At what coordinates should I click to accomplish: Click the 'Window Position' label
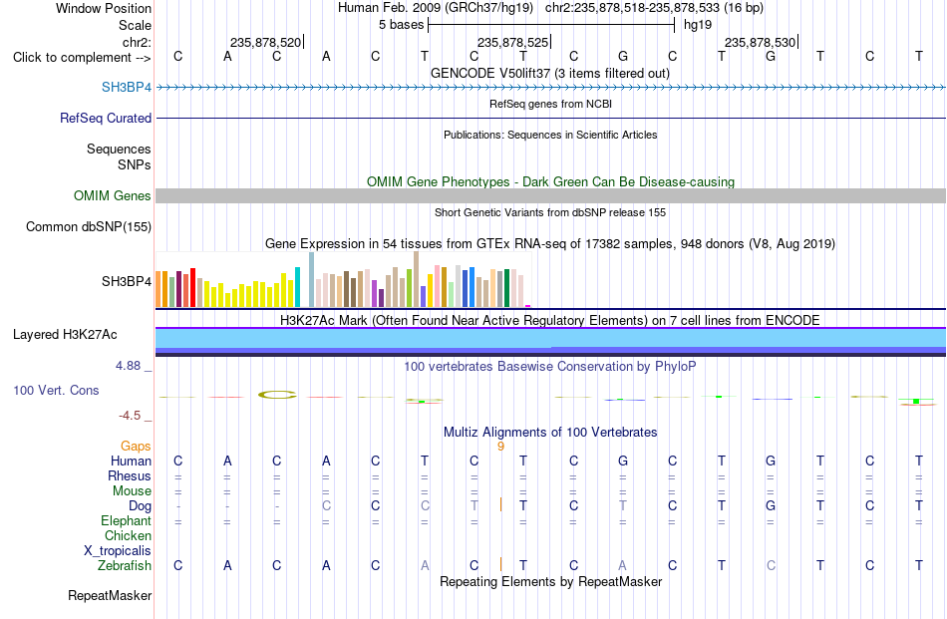[x=104, y=8]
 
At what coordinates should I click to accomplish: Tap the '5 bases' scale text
[x=401, y=25]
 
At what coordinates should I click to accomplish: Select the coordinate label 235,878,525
[x=512, y=42]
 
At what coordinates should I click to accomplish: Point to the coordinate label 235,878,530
[x=760, y=42]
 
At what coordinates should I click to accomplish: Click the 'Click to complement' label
[x=72, y=58]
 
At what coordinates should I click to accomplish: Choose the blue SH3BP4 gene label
[x=127, y=87]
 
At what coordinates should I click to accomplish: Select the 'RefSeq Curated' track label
[x=106, y=118]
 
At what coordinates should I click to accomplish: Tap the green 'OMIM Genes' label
[x=113, y=195]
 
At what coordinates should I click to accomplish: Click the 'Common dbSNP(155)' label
[x=89, y=226]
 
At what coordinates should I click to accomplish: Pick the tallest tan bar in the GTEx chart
[x=416, y=279]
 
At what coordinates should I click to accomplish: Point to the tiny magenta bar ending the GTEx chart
[x=528, y=306]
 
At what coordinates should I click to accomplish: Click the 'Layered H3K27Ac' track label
[x=65, y=335]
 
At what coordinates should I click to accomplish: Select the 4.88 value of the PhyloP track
[x=128, y=366]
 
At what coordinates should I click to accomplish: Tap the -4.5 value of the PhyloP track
[x=130, y=416]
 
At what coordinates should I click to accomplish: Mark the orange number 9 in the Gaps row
[x=500, y=447]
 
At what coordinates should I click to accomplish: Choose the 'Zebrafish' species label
[x=125, y=566]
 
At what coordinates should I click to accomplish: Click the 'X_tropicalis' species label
[x=118, y=551]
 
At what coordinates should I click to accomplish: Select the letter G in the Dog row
[x=771, y=505]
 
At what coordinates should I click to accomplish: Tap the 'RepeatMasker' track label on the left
[x=110, y=595]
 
